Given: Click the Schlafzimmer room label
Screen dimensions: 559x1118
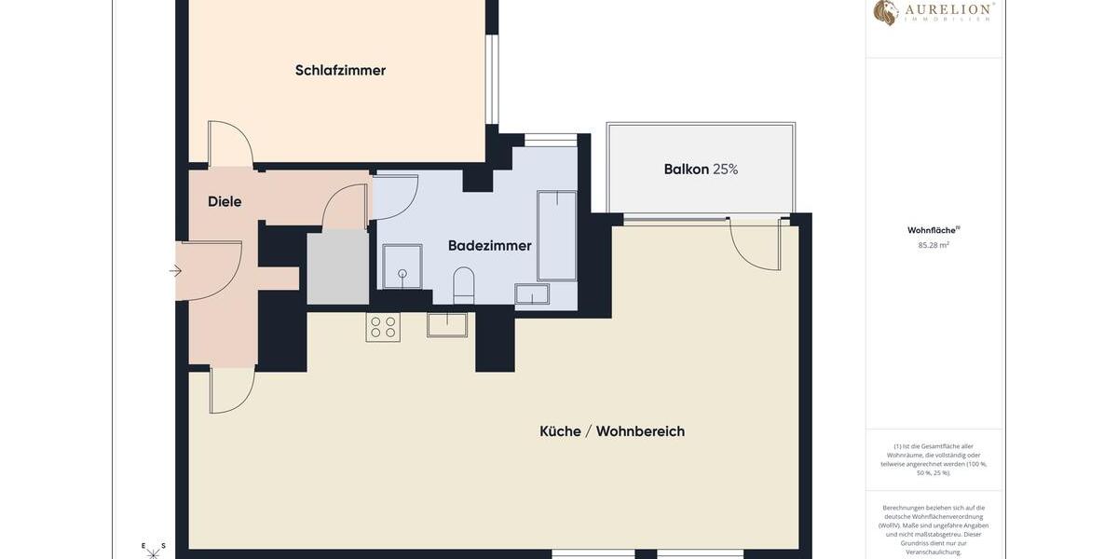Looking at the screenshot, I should [x=340, y=71].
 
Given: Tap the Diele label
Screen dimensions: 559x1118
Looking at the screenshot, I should [x=225, y=201].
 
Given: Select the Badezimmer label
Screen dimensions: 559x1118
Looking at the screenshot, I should [x=489, y=246].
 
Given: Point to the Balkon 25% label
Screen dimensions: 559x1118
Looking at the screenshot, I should [x=701, y=170].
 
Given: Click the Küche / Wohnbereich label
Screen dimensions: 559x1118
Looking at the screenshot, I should [x=612, y=431].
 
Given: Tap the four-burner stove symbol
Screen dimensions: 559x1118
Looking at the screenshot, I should [x=383, y=327].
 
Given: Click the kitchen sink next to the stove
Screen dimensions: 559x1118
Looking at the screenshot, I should [x=447, y=324].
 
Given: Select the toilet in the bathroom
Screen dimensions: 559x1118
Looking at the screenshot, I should [x=463, y=283].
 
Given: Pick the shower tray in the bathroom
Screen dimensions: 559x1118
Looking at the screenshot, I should [x=402, y=266].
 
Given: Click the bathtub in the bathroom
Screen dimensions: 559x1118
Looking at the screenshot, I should [x=557, y=236].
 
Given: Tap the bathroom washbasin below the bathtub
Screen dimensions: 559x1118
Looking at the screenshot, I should [x=532, y=294].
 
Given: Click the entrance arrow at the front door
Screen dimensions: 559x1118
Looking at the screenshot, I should [x=175, y=271].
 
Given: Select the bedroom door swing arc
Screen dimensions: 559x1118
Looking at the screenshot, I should [x=231, y=143].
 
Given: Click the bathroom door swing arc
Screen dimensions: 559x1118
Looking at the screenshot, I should [x=395, y=197].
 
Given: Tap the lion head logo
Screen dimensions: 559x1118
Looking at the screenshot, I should [x=885, y=12].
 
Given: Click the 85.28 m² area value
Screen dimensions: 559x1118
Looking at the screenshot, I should [x=934, y=246].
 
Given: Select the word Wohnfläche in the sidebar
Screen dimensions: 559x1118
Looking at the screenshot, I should [x=932, y=230].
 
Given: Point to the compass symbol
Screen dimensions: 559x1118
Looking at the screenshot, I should [x=153, y=552].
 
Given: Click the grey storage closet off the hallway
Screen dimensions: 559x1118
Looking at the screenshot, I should [x=338, y=267].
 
